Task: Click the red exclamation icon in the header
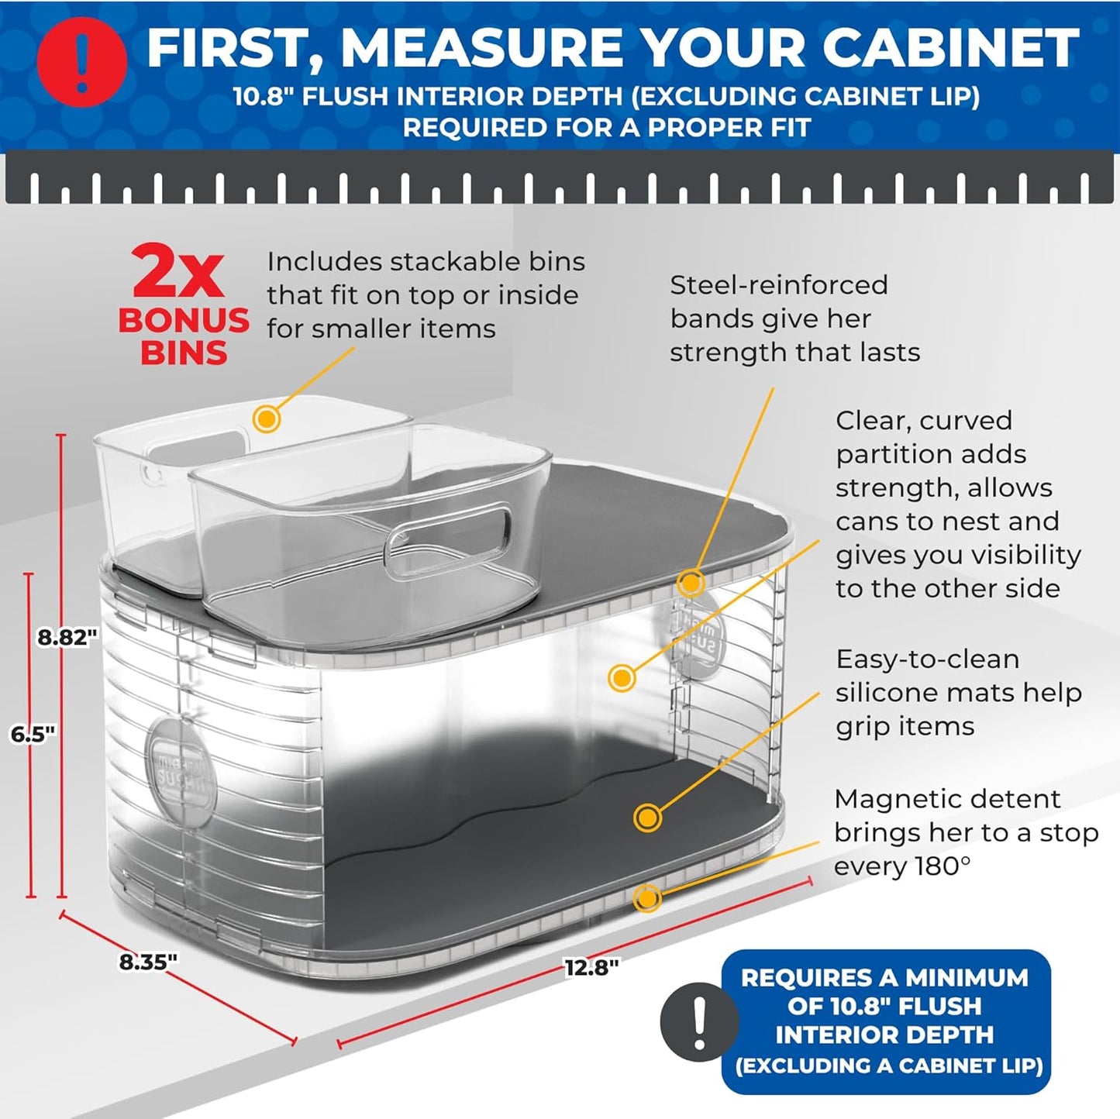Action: [81, 61]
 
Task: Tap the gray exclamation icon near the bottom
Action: [699, 1021]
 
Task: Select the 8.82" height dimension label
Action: [68, 637]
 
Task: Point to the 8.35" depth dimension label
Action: [148, 962]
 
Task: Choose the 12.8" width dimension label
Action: [591, 967]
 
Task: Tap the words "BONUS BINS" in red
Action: [184, 336]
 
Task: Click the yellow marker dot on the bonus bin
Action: [267, 419]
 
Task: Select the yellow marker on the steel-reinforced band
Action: [690, 583]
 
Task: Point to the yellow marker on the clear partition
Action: [621, 678]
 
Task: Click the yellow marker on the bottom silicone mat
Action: [647, 818]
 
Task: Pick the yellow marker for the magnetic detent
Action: [647, 898]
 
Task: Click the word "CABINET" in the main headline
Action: [950, 47]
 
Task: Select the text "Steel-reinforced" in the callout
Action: [778, 285]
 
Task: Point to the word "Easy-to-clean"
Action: [927, 659]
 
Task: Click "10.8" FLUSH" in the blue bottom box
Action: [884, 1007]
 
